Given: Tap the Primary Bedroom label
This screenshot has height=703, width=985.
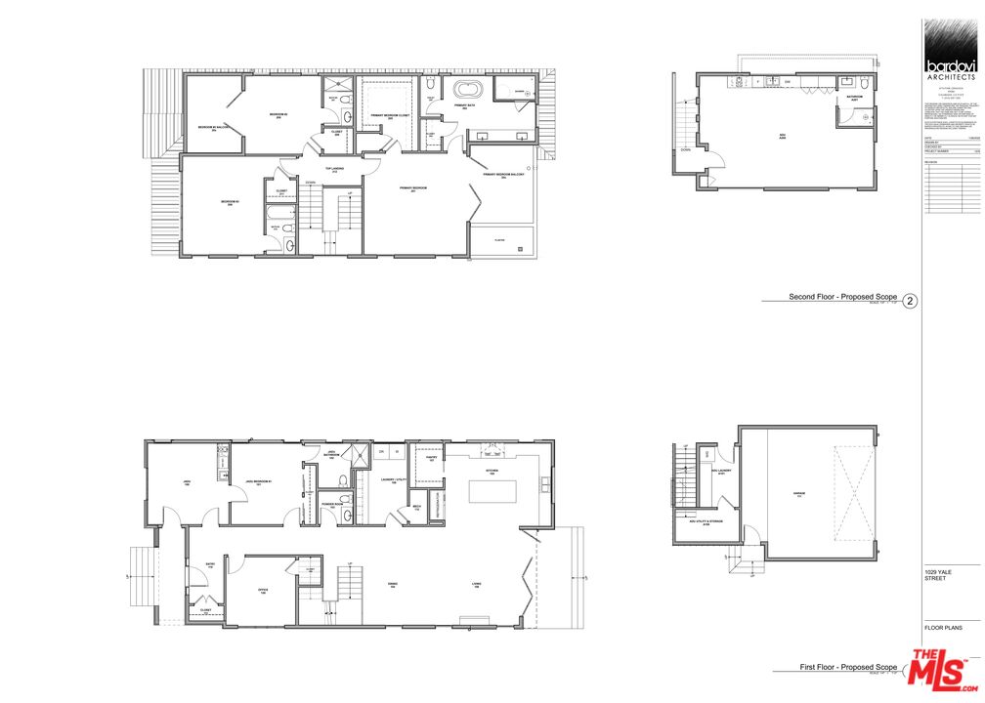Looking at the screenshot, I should tap(413, 187).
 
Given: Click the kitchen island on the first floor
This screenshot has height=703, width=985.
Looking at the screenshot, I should tap(494, 489).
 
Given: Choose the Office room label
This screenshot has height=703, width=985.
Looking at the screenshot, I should tap(262, 591).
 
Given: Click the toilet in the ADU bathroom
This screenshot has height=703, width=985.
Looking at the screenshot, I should tap(867, 115).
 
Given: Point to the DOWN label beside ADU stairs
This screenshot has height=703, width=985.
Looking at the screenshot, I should tap(686, 150).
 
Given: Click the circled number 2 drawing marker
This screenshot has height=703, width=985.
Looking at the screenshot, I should tap(910, 301).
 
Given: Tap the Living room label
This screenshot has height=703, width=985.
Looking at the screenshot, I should tap(476, 586).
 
